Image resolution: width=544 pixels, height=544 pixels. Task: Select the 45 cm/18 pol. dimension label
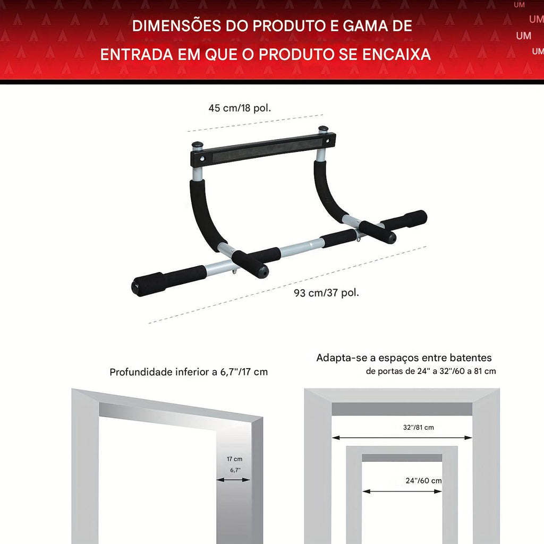[240, 108]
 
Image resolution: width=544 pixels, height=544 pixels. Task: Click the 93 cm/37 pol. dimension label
[326, 293]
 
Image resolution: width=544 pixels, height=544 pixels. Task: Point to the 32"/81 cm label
[419, 428]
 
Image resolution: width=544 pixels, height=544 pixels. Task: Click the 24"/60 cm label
[423, 480]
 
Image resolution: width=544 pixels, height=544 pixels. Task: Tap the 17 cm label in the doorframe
[234, 459]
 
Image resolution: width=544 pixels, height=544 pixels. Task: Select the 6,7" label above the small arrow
[235, 470]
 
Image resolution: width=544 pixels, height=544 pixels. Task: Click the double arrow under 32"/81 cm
[402, 438]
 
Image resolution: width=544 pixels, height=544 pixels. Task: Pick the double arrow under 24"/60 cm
[402, 491]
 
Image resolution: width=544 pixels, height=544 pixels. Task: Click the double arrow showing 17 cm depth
[233, 480]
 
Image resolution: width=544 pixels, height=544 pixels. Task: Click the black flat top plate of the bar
[263, 149]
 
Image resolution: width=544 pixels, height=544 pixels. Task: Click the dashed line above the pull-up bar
[256, 123]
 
